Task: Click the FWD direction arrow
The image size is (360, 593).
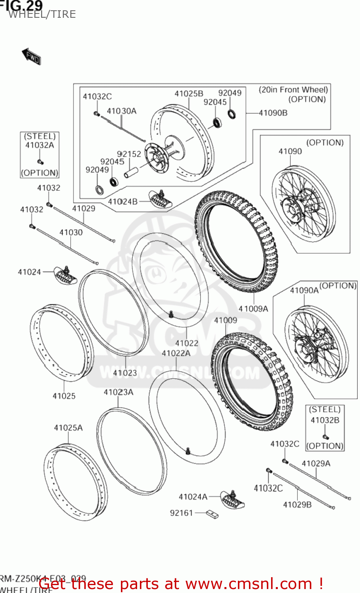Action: pos(31,57)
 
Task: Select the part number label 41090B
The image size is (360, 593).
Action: pos(273,113)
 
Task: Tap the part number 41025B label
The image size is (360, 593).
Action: pos(188,94)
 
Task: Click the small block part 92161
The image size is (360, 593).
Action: pos(212,514)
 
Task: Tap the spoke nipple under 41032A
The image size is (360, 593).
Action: pos(40,161)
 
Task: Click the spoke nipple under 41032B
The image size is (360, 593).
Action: pos(325,436)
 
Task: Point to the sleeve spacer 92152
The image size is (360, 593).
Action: pos(132,173)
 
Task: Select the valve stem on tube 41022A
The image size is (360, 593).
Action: pos(188,450)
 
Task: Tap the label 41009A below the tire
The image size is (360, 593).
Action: pos(253,309)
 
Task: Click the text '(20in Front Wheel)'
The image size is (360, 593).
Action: pos(293,90)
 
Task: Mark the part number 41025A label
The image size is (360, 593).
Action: pos(68,428)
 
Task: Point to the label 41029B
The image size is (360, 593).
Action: pos(297,504)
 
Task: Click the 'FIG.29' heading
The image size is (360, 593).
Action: pos(21,5)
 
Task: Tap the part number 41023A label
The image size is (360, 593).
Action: pos(118,392)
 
